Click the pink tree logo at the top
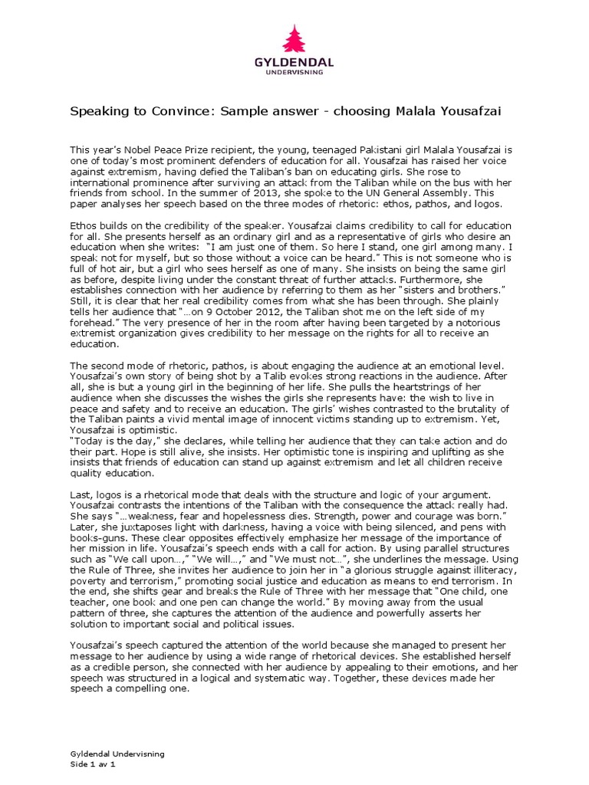294,39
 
